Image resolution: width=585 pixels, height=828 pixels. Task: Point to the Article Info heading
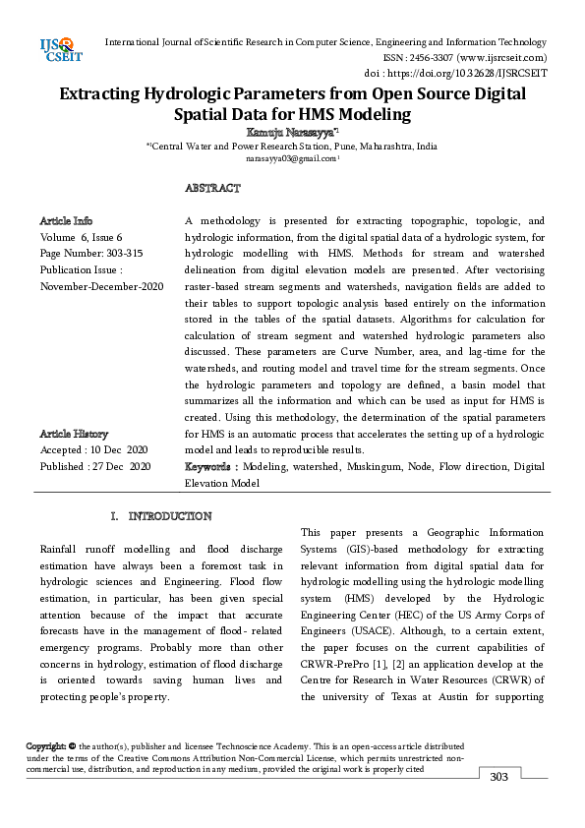[66, 221]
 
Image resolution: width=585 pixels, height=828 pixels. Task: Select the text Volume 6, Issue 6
[82, 237]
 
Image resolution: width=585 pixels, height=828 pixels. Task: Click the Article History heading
[74, 434]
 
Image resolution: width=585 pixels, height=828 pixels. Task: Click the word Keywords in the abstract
[208, 466]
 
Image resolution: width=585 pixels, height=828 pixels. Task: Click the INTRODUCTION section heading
[170, 516]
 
